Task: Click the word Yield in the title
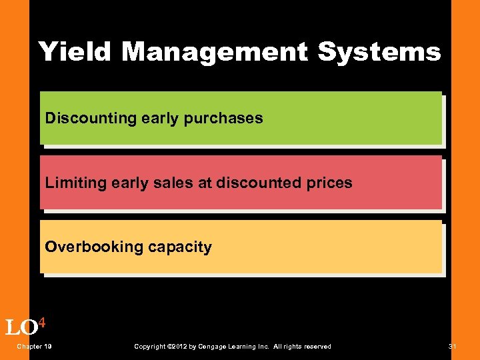(74, 51)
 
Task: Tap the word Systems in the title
(379, 51)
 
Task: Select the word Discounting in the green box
(91, 119)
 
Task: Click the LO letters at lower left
(21, 328)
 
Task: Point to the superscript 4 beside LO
(41, 323)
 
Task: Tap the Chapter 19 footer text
(35, 347)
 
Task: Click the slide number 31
(453, 347)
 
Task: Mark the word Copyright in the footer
(150, 347)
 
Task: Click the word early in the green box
(158, 119)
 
